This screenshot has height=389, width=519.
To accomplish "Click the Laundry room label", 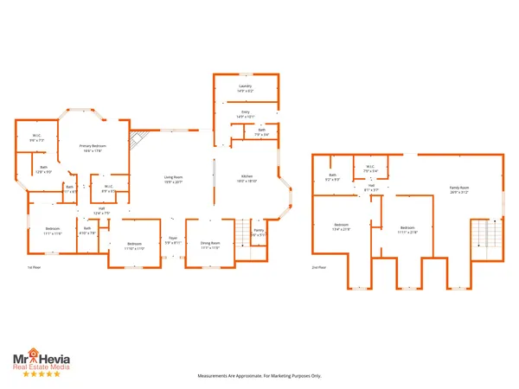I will pyautogui.click(x=245, y=89).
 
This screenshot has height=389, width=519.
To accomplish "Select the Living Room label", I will pyautogui.click(x=174, y=179).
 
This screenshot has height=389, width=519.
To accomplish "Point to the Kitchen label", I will pyautogui.click(x=247, y=179).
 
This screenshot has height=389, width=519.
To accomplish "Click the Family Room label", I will pyautogui.click(x=458, y=189).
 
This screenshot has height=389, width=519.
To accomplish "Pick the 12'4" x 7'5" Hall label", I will pyautogui.click(x=101, y=210).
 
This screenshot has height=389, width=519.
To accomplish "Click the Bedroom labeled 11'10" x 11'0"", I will pyautogui.click(x=134, y=246).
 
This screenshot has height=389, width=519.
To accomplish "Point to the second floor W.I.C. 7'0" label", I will pyautogui.click(x=369, y=169).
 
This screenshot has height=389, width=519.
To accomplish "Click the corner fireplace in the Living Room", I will pyautogui.click(x=136, y=140).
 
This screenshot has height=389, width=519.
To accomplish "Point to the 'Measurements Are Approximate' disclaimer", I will pyautogui.click(x=259, y=376).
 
